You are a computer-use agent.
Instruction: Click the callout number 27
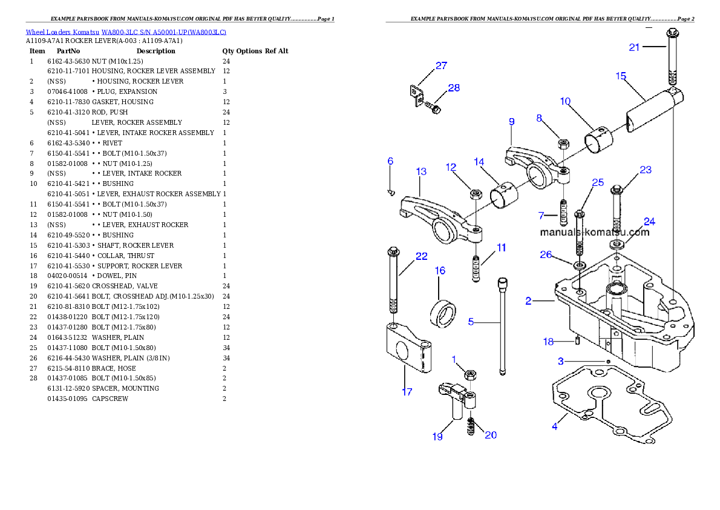pos(441,65)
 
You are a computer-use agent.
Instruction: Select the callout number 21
pos(634,47)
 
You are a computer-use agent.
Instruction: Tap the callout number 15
pos(621,76)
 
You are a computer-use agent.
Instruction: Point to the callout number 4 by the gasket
pos(554,426)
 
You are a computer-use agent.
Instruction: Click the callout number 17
pos(407,392)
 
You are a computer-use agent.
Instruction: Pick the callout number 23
pos(646,170)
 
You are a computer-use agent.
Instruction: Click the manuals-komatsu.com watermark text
pos(594,232)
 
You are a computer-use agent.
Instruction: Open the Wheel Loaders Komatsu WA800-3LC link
pos(126,31)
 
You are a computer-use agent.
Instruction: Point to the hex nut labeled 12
pos(476,194)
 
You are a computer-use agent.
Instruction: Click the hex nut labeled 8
pos(563,144)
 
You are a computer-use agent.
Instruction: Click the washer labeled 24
pos(617,243)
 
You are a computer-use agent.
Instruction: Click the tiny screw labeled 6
pos(391,192)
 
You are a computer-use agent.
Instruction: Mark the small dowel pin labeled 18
pos(578,340)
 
